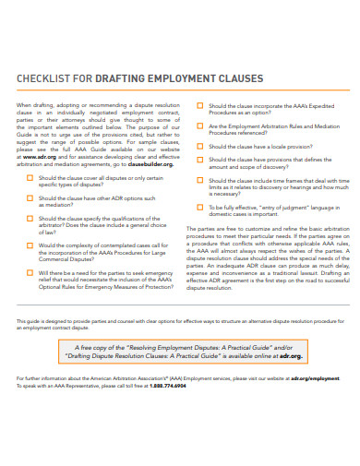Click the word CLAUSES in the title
pos(241,78)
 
